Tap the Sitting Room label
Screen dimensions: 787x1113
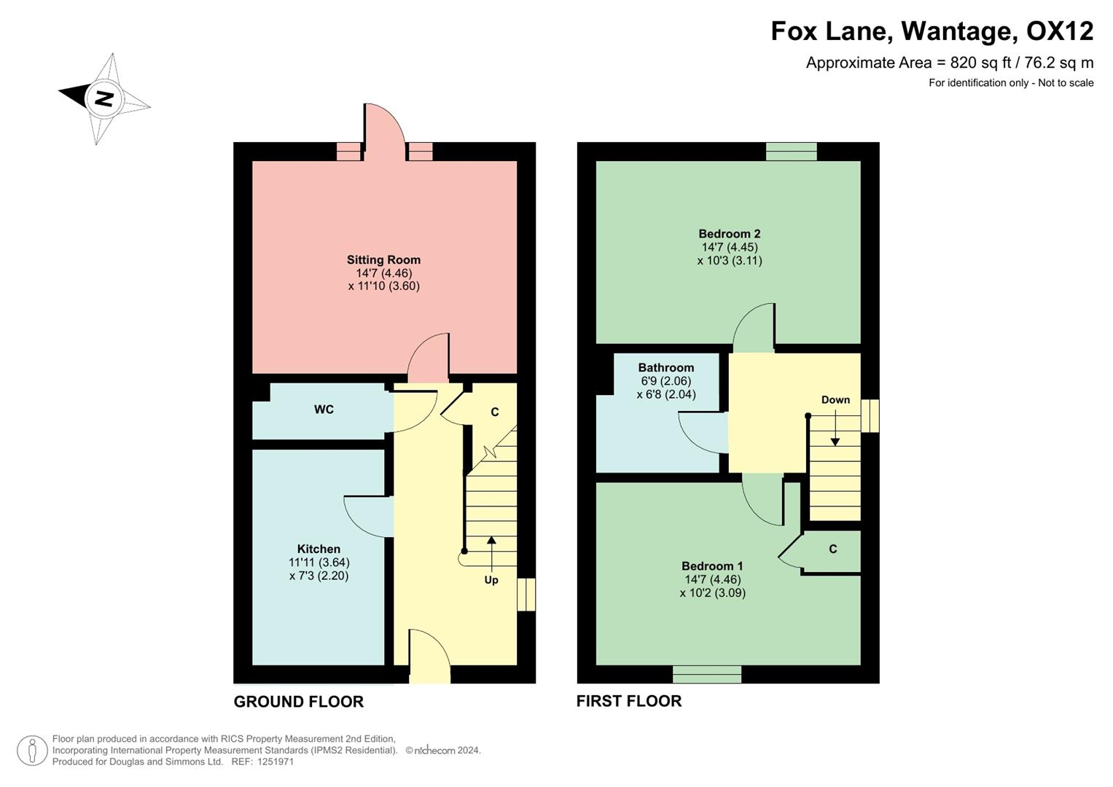pyautogui.click(x=383, y=259)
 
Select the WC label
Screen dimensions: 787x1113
pyautogui.click(x=324, y=410)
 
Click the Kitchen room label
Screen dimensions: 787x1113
pyautogui.click(x=319, y=549)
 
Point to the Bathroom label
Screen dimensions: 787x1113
pyautogui.click(x=665, y=367)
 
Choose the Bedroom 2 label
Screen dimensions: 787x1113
pyautogui.click(x=729, y=234)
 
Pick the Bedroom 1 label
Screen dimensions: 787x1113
pyautogui.click(x=712, y=566)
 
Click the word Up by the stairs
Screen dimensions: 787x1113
pyautogui.click(x=491, y=580)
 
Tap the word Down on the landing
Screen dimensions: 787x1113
pyautogui.click(x=835, y=399)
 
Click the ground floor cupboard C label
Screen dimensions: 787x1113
pyautogui.click(x=494, y=412)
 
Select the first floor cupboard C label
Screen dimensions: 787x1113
pyautogui.click(x=833, y=549)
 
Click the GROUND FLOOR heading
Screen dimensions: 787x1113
pyautogui.click(x=298, y=702)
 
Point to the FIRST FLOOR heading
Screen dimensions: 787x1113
pyautogui.click(x=629, y=701)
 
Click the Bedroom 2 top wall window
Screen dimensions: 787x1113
pyautogui.click(x=791, y=151)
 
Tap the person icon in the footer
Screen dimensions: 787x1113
pyautogui.click(x=32, y=750)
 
